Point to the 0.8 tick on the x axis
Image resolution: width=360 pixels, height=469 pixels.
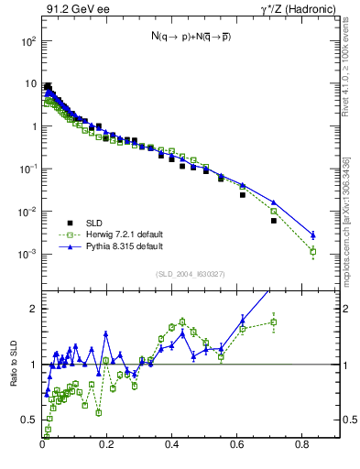click(x=303, y=444)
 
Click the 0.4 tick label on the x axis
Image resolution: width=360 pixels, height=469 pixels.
click(x=172, y=444)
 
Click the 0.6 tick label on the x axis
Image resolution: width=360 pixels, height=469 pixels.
click(x=238, y=444)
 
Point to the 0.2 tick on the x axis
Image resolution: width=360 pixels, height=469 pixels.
click(x=107, y=444)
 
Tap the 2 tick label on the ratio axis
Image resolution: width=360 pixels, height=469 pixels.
click(x=34, y=309)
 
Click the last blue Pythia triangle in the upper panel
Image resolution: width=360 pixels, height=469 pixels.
click(x=313, y=234)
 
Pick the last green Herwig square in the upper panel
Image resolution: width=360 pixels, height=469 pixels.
click(x=313, y=251)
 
